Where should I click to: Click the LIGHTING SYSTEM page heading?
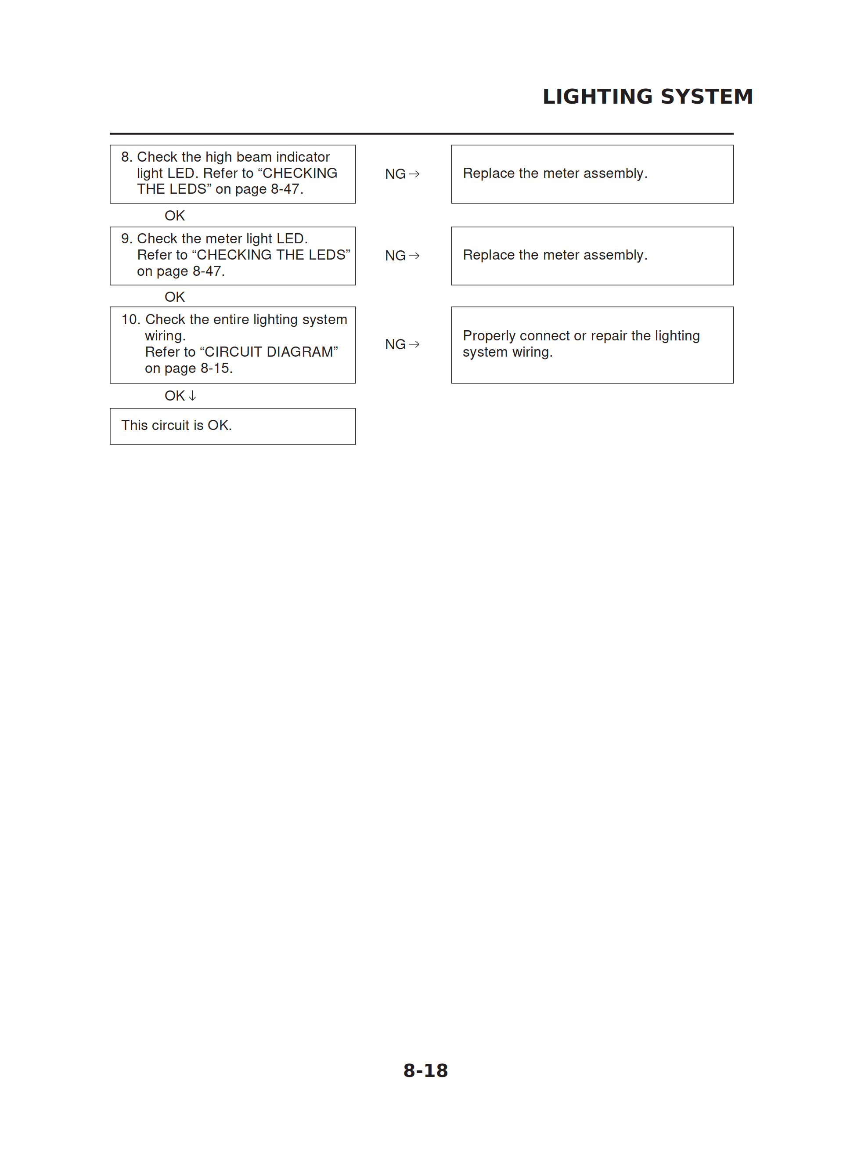click(647, 96)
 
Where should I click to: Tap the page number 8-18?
click(425, 1070)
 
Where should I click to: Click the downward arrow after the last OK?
click(192, 396)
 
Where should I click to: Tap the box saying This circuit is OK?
click(232, 426)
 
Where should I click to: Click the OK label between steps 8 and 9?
click(174, 215)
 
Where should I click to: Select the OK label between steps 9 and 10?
click(174, 297)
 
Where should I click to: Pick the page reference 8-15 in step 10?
click(216, 368)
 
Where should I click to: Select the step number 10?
click(130, 319)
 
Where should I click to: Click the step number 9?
click(126, 238)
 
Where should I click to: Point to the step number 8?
click(126, 157)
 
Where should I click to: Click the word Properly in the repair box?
click(489, 336)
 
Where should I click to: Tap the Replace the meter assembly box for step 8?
click(592, 174)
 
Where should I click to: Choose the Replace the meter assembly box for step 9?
click(592, 255)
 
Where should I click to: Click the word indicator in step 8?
click(303, 157)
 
